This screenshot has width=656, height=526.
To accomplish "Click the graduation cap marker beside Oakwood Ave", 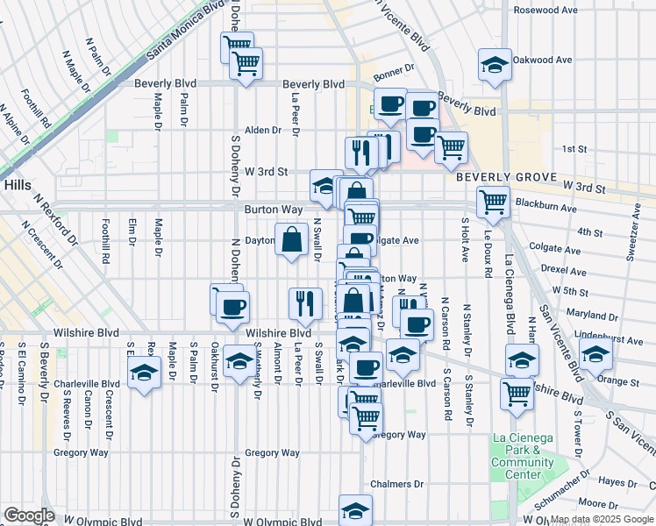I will click(x=495, y=65).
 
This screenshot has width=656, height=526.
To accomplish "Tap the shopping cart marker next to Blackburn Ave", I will click(x=494, y=202).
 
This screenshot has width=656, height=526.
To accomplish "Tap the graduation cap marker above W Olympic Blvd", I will click(x=354, y=510).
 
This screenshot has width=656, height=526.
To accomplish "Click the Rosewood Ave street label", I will click(x=545, y=11).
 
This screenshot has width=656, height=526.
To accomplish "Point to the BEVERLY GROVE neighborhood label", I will click(x=505, y=177).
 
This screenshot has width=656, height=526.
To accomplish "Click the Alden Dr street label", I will click(x=263, y=130).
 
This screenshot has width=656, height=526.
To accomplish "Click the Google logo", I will click(x=28, y=515).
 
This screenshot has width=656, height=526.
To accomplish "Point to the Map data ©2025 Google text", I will click(x=601, y=520).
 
